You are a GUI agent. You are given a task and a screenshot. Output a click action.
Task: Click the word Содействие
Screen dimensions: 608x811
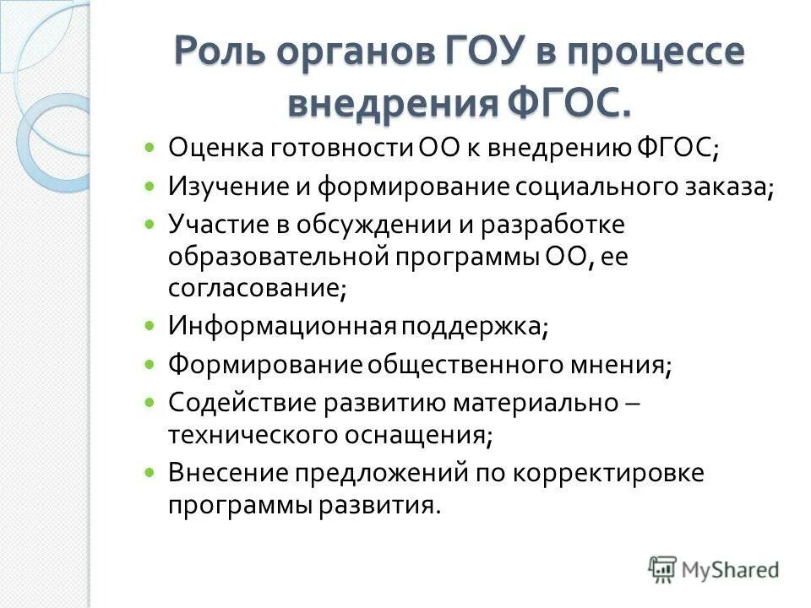[x=241, y=402]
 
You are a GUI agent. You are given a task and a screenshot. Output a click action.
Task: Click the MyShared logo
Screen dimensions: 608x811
[x=713, y=569]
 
